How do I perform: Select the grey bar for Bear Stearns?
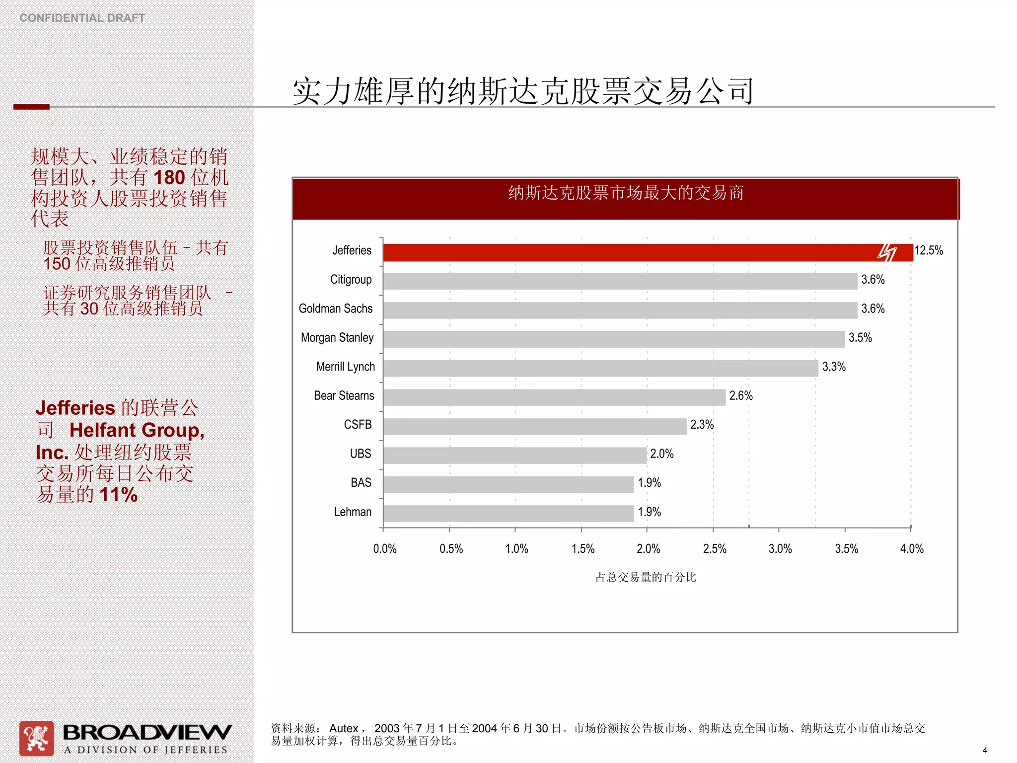point(554,397)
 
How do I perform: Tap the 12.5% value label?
point(928,250)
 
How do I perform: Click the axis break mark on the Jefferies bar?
point(887,252)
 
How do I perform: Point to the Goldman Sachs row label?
point(335,308)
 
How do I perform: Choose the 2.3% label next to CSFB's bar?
point(702,425)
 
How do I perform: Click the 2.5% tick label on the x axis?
point(714,549)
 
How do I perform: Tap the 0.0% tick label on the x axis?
point(384,549)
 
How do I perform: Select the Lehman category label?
point(352,512)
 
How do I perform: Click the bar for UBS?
point(514,456)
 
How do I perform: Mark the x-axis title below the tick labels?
point(646,577)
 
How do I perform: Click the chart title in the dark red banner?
point(625,193)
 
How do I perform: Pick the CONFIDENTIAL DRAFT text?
point(82,18)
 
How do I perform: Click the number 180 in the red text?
point(169,178)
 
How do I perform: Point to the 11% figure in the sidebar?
point(118,495)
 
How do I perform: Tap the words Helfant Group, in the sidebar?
point(137,430)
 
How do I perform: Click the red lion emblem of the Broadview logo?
point(36,738)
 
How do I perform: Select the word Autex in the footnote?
point(344,728)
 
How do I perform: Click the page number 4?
point(985,751)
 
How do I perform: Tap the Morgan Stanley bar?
point(613,339)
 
